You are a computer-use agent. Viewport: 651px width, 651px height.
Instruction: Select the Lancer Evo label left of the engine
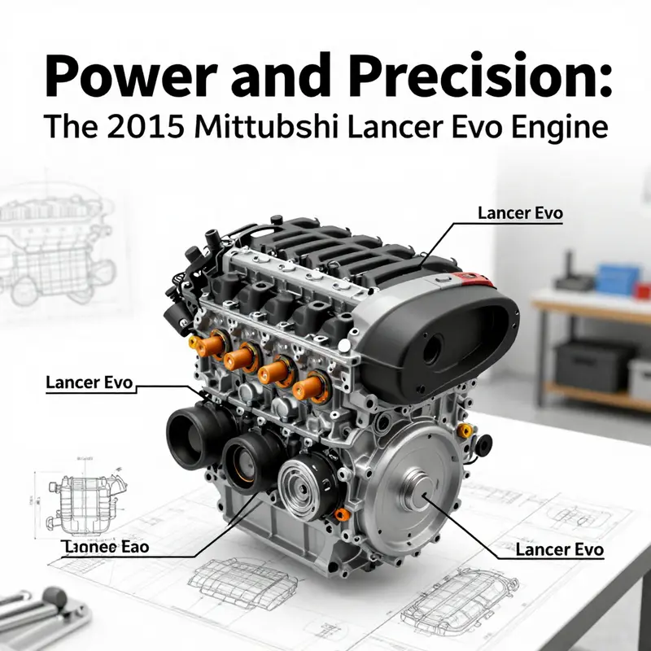[90, 381]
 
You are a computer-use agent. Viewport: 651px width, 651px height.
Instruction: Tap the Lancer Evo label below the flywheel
[559, 550]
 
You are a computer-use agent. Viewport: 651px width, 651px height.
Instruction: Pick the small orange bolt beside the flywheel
[465, 429]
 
